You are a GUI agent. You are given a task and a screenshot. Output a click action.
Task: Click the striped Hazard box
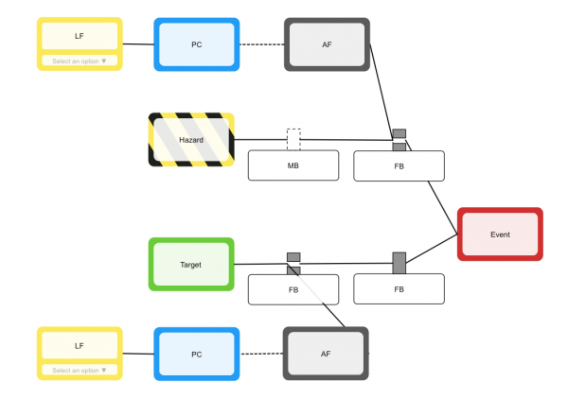click(x=191, y=140)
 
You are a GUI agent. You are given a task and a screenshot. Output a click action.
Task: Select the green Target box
click(x=191, y=264)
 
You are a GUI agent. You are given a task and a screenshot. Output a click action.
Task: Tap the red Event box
click(x=500, y=234)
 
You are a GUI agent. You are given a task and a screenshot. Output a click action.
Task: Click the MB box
click(x=293, y=165)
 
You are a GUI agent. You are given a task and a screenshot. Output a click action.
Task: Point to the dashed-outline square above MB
click(x=293, y=138)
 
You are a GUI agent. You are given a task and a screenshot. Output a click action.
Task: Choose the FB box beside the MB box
click(x=399, y=165)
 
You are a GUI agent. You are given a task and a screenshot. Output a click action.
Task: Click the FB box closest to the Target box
click(x=293, y=289)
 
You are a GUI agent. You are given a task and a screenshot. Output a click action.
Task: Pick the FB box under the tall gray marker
click(x=399, y=289)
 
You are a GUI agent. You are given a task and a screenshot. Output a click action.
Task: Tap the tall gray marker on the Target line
click(x=399, y=263)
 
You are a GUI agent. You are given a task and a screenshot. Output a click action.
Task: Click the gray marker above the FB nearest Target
click(x=293, y=257)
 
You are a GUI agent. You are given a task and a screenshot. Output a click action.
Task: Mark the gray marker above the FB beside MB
click(x=399, y=133)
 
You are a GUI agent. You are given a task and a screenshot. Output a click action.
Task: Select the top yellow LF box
click(x=80, y=36)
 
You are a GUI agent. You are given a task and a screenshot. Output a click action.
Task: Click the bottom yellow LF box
click(x=80, y=345)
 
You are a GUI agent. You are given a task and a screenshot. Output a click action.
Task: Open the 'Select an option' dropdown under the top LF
click(x=80, y=61)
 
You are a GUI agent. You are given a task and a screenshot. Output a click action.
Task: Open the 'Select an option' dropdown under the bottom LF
click(x=80, y=371)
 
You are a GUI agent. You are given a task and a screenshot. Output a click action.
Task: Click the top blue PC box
click(x=197, y=44)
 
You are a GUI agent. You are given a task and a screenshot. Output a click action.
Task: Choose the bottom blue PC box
click(x=197, y=354)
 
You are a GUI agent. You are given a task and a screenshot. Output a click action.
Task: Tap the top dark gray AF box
click(x=327, y=44)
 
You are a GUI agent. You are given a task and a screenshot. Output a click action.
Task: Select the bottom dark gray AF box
click(x=326, y=354)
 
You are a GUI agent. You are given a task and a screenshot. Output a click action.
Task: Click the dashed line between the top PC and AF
click(x=262, y=44)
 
